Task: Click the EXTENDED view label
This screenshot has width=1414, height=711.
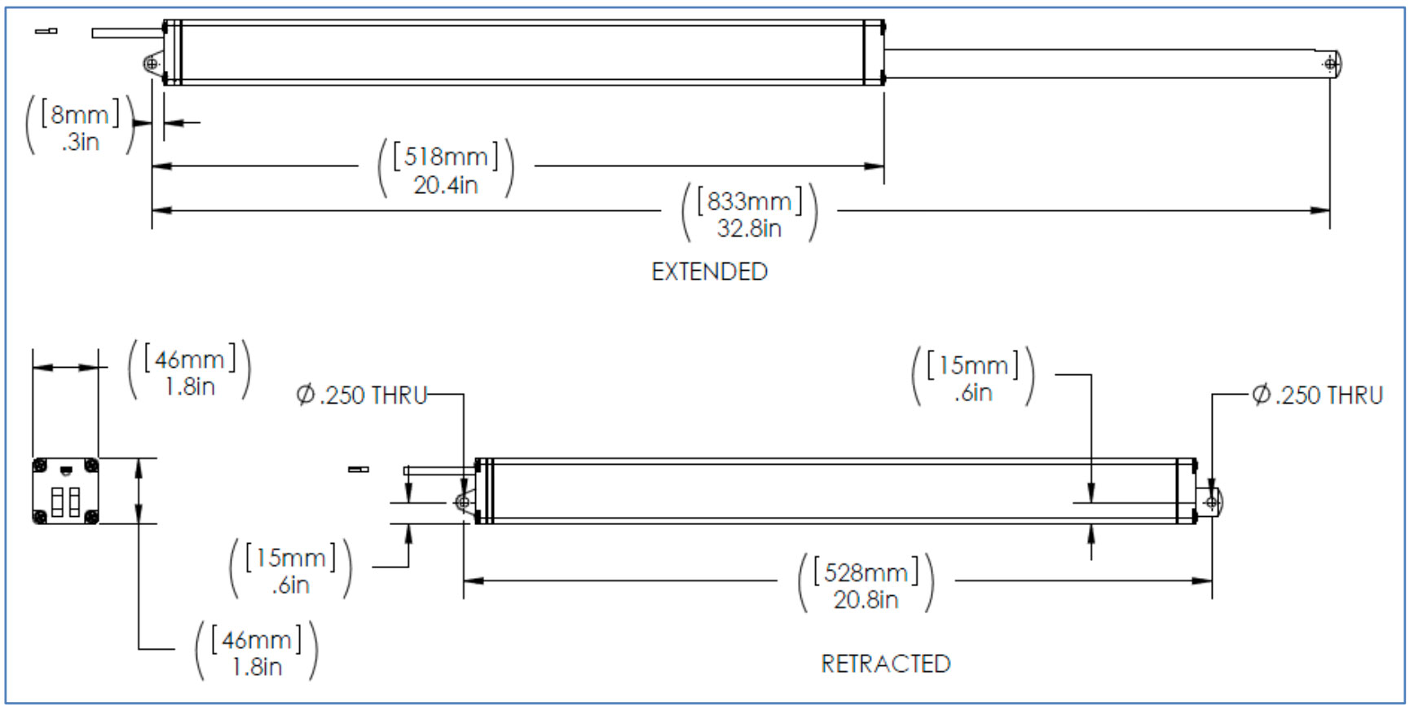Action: pos(709,272)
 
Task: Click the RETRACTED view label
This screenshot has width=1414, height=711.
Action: pos(885,664)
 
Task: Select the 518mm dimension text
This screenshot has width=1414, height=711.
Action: pos(445,156)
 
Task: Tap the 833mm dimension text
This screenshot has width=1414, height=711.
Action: pos(749,201)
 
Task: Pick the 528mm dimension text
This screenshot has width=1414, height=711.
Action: pos(866,572)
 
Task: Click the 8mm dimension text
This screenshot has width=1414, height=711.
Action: pos(80,114)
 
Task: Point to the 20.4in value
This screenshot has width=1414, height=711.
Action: pos(445,185)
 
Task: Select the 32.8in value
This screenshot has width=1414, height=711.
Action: pos(749,228)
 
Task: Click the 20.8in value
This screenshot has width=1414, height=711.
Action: pos(866,600)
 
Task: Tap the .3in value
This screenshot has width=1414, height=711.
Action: pos(80,142)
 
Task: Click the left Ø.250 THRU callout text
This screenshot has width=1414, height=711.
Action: pos(362,395)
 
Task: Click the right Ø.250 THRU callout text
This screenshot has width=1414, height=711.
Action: pos(1317,395)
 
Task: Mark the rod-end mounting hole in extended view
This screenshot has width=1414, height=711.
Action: pos(1331,63)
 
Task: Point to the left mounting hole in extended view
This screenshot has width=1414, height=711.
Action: pos(152,64)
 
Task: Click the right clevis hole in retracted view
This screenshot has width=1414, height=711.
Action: pos(1212,502)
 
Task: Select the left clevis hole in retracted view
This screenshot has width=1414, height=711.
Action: pos(463,502)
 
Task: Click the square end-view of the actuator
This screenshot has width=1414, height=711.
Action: pos(65,491)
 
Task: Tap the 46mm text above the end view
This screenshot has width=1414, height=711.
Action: pos(189,360)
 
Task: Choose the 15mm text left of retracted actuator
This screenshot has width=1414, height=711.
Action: pos(290,558)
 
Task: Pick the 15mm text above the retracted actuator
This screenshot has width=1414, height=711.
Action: pos(972,365)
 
